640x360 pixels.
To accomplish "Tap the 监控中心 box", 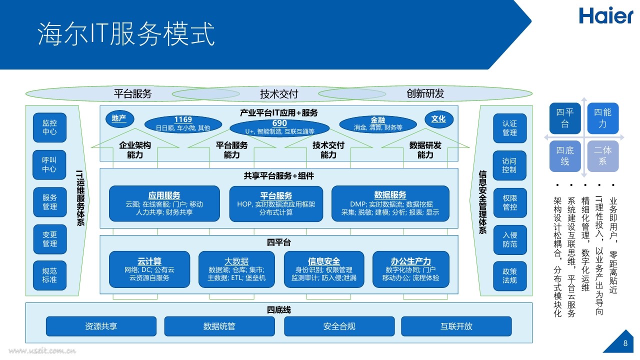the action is [49, 127].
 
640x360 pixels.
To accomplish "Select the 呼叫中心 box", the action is [49, 165].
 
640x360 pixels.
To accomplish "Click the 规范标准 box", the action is [49, 275].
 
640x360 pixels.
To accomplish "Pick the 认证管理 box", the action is [509, 128].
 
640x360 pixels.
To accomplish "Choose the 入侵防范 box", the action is [510, 239].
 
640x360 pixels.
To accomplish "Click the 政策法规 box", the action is [510, 276].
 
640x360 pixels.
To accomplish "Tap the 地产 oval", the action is [119, 119].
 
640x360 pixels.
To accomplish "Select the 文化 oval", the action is [439, 119].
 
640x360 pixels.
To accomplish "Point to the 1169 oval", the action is [183, 124].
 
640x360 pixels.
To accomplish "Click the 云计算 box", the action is [149, 269].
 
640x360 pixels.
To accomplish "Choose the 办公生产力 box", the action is [411, 269].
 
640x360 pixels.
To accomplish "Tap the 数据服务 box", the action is [390, 203].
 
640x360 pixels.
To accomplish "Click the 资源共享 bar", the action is [101, 326].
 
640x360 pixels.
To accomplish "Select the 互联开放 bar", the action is [456, 326].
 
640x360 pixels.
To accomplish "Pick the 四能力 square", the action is [603, 118].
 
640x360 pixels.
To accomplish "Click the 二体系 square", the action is [603, 156].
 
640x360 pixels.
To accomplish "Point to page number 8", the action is [625, 343].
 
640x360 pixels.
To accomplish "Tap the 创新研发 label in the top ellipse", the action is [425, 93].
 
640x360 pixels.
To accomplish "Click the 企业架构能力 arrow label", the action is [135, 149].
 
